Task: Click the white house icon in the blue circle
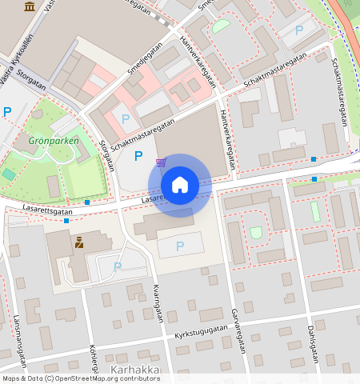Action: [x=180, y=185]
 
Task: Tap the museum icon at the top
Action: [x=30, y=6]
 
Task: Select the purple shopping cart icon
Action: [x=161, y=162]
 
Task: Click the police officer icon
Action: [x=79, y=242]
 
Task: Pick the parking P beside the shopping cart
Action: [x=138, y=156]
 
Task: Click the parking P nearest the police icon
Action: [x=118, y=266]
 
